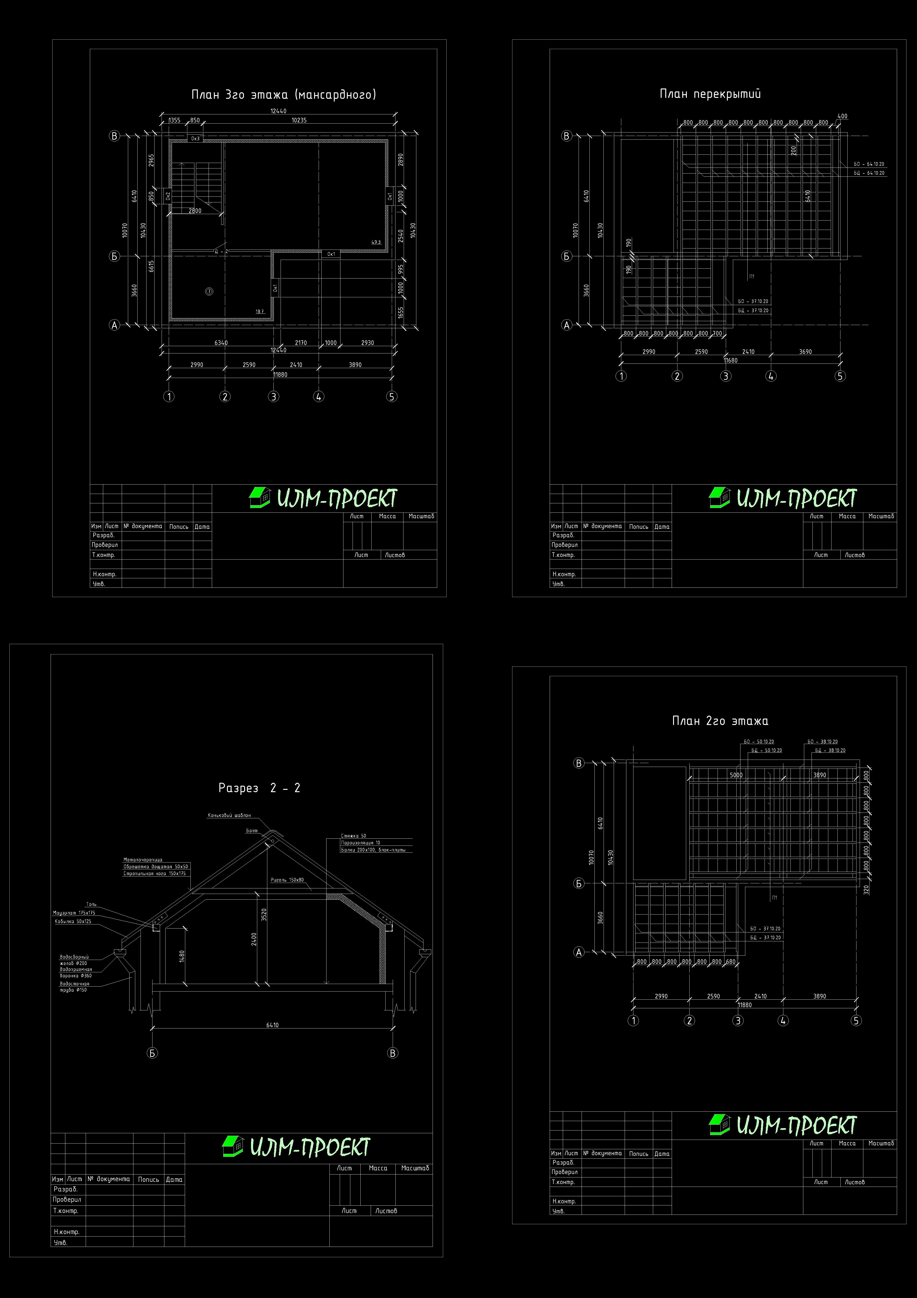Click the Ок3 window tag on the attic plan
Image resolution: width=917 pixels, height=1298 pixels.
[x=195, y=138]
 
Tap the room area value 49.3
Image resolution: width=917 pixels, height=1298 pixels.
[x=376, y=242]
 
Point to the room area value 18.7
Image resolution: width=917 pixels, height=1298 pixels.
[x=260, y=311]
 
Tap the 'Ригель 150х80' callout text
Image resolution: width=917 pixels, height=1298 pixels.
[x=287, y=880]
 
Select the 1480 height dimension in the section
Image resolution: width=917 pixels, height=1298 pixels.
[x=182, y=955]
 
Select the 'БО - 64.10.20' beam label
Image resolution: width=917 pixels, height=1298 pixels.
[x=869, y=164]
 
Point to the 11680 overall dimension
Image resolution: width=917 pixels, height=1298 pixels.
[x=730, y=360]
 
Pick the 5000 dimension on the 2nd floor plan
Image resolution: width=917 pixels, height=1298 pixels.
[x=736, y=775]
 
